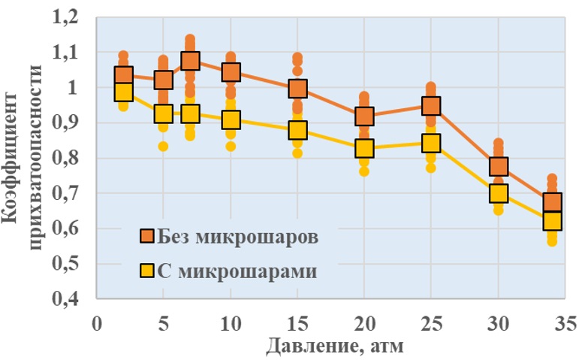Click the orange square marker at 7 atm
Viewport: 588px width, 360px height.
[191, 61]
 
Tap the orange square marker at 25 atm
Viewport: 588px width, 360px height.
[431, 105]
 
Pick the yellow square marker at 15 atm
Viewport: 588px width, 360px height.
[299, 130]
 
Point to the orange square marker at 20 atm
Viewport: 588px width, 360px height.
[365, 116]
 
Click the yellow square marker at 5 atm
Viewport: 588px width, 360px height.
[164, 114]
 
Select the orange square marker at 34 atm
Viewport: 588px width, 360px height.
[552, 202]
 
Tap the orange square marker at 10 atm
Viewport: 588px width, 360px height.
[231, 72]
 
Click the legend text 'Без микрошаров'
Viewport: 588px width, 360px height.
[239, 237]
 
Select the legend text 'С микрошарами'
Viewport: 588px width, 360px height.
[239, 271]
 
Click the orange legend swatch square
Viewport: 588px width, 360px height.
[148, 237]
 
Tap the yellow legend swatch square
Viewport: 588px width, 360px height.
[148, 271]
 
